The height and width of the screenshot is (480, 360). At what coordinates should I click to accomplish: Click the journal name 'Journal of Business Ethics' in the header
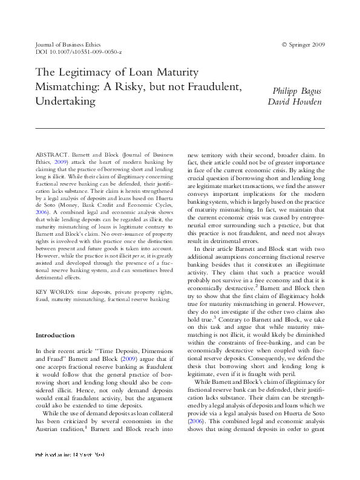[x=68, y=45]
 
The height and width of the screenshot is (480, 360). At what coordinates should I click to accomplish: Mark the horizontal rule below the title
[x=180, y=128]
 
